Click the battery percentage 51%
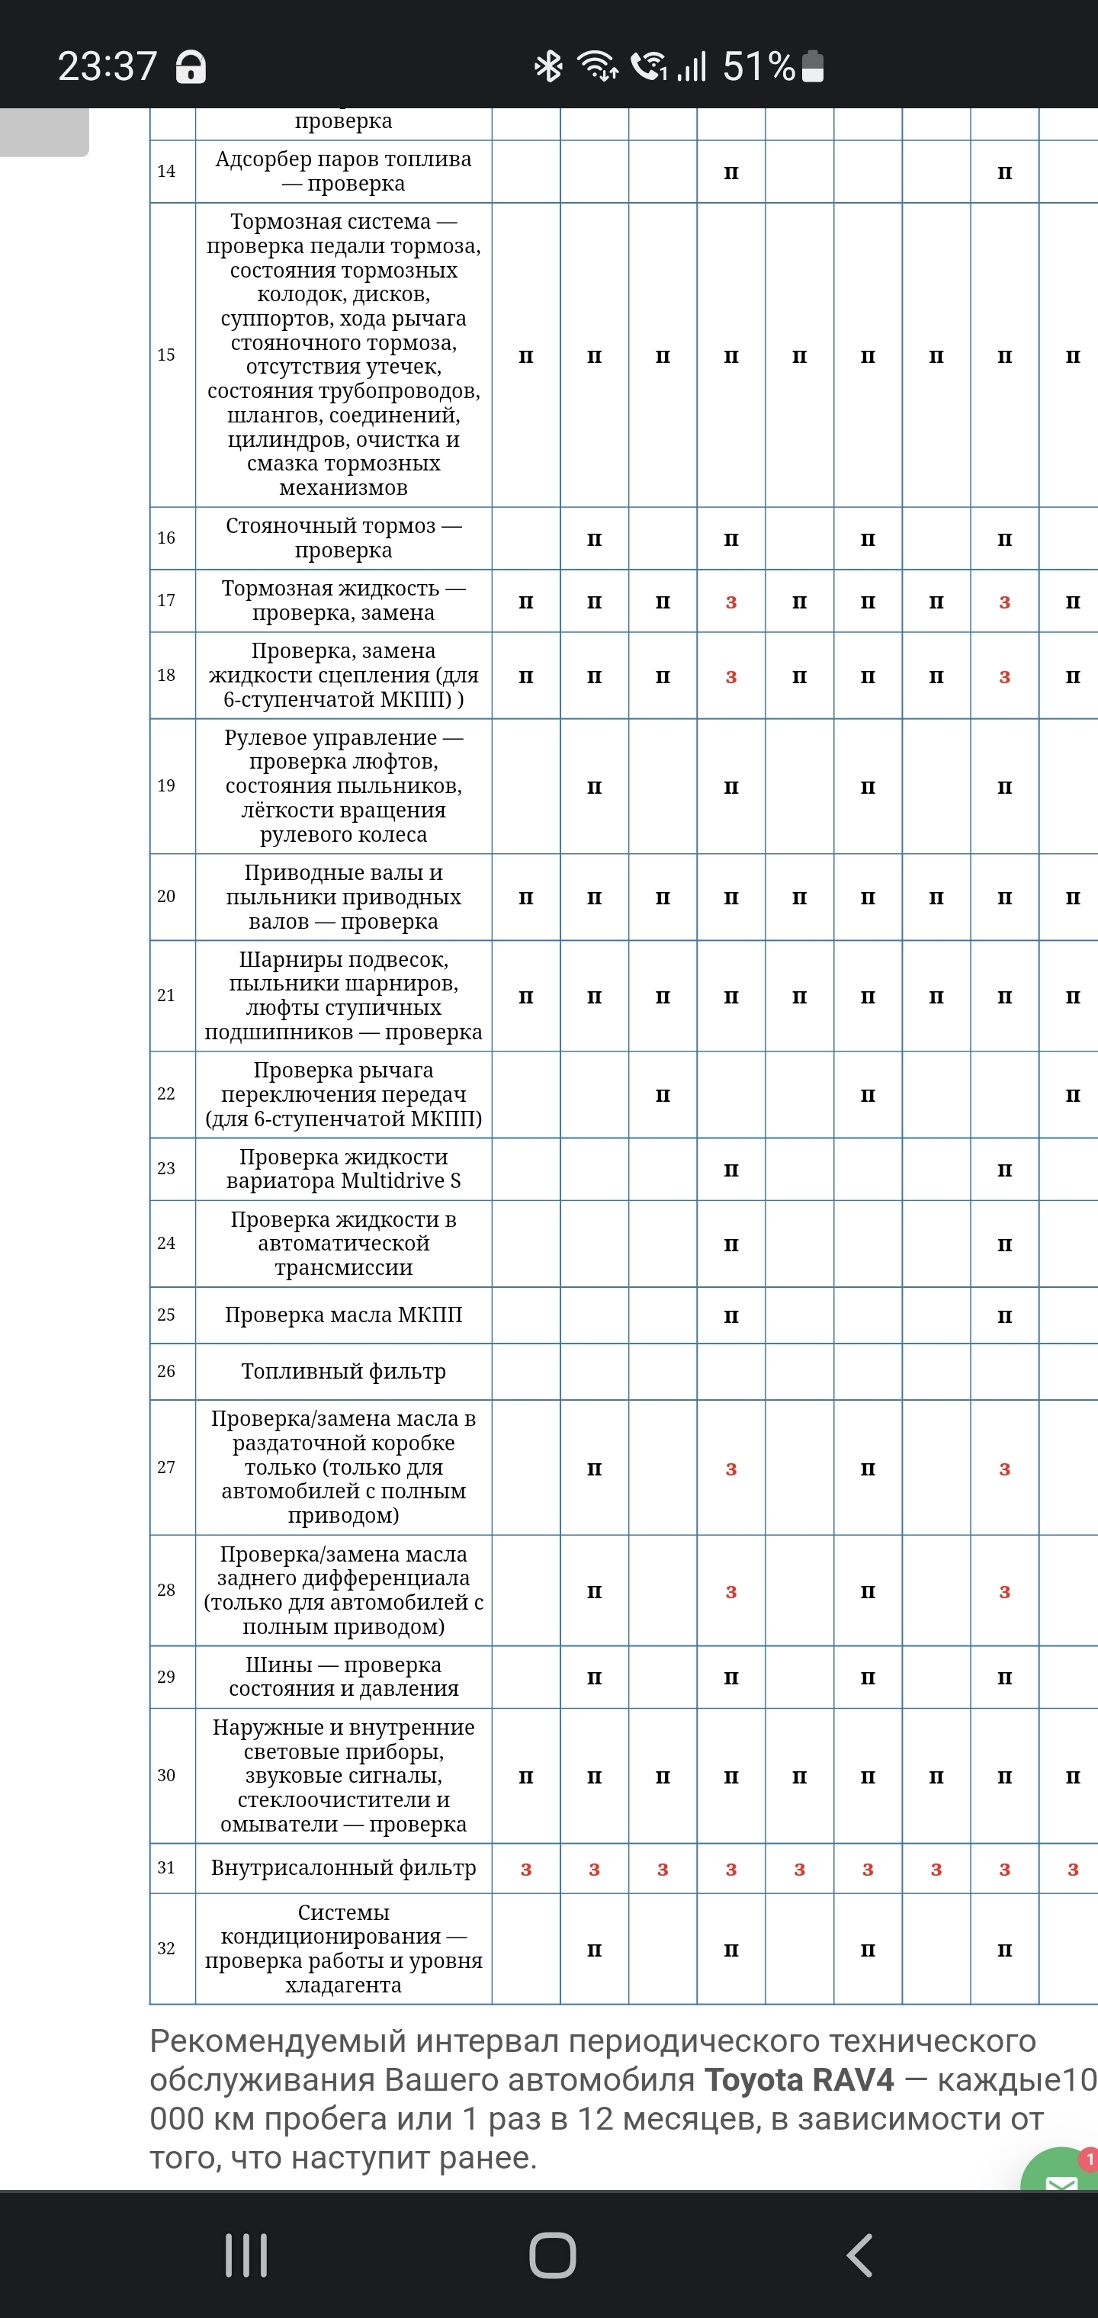[x=758, y=66]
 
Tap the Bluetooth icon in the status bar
[x=548, y=66]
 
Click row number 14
[x=166, y=171]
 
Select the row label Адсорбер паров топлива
[x=343, y=171]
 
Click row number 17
[x=166, y=600]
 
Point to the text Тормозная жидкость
[x=330, y=589]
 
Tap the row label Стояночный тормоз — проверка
[x=343, y=538]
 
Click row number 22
[x=166, y=1094]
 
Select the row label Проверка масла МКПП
[x=343, y=1315]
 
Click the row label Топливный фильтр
[x=343, y=1372]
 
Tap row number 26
[x=166, y=1372]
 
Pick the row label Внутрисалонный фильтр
[x=343, y=1869]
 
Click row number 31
[x=166, y=1868]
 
